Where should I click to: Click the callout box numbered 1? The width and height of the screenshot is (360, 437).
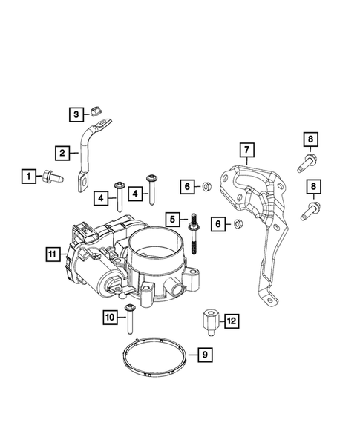(27, 176)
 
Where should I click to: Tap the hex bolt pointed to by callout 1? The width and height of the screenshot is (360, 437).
(55, 177)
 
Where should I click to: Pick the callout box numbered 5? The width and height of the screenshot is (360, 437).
(173, 219)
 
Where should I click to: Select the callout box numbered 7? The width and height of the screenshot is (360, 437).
(246, 151)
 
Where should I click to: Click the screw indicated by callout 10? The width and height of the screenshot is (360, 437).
(131, 319)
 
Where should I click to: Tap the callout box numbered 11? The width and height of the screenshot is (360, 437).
(50, 254)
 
